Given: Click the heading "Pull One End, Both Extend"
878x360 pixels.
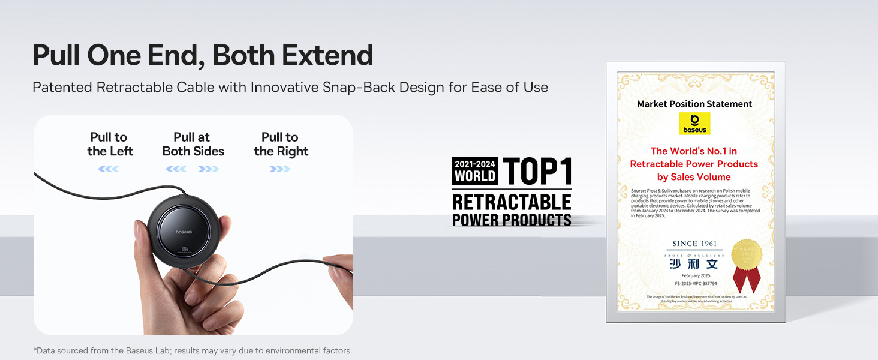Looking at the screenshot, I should (x=203, y=55).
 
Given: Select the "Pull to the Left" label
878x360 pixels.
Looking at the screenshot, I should (x=109, y=145).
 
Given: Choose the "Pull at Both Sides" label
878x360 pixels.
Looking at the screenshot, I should (x=193, y=145).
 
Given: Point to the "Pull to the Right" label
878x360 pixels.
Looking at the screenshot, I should (x=281, y=145).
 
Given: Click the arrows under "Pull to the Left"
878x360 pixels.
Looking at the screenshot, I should (x=109, y=169).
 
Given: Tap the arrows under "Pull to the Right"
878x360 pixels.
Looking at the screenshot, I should (x=280, y=169).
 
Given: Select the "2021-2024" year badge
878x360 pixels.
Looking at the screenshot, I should (x=475, y=164).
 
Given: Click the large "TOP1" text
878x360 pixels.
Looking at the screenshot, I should (x=537, y=170).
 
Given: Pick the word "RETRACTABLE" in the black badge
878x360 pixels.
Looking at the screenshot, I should (x=512, y=202).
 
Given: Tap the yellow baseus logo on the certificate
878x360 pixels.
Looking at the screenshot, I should (x=694, y=123).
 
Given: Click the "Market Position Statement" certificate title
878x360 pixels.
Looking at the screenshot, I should (x=694, y=104).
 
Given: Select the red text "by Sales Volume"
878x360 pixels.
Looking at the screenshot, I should (x=694, y=177).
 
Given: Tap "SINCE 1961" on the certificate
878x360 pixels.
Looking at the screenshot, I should (x=693, y=244).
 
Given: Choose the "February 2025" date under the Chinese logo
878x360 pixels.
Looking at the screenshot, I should (x=695, y=275).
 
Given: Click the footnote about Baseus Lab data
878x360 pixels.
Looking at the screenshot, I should (x=192, y=350).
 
